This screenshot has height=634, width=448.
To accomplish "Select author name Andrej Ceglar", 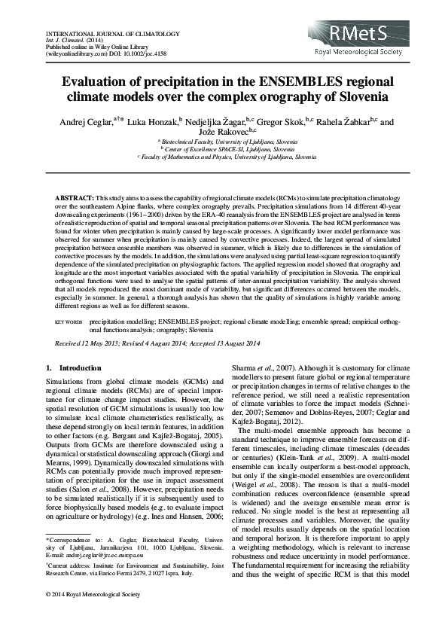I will (x=79, y=121).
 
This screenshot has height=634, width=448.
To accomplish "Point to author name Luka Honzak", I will (x=151, y=121).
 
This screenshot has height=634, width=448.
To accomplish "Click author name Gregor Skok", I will (x=282, y=121).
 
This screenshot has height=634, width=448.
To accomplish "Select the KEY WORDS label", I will (x=69, y=321).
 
